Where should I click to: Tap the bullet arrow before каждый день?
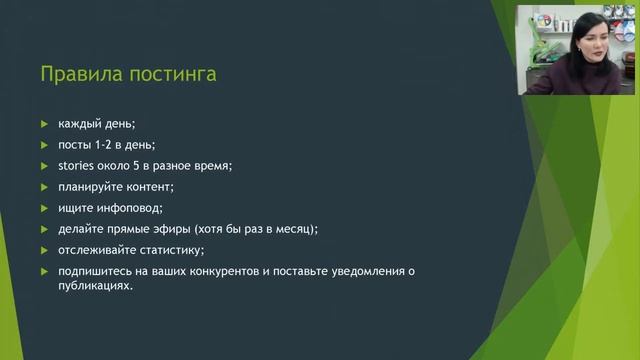pos(43,124)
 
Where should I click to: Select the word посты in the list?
pos(74,145)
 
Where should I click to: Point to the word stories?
pos(77,166)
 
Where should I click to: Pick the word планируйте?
pos(92,187)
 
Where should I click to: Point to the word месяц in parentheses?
pos(294,229)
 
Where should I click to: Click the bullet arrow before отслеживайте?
pos(43,250)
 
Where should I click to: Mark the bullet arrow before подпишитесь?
pos(43,271)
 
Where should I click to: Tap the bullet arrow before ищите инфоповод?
pos(43,208)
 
